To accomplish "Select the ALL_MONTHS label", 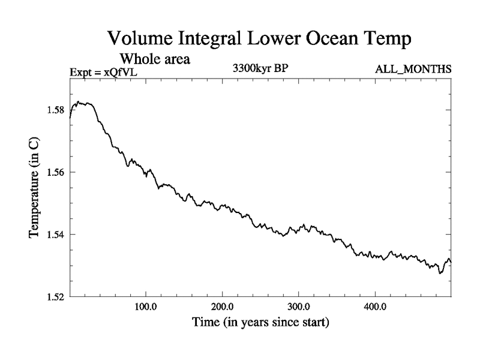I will point(413,69).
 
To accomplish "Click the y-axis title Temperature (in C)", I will point(34,186).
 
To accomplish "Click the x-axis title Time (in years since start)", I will point(260,322).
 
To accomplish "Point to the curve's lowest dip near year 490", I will point(440,273).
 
